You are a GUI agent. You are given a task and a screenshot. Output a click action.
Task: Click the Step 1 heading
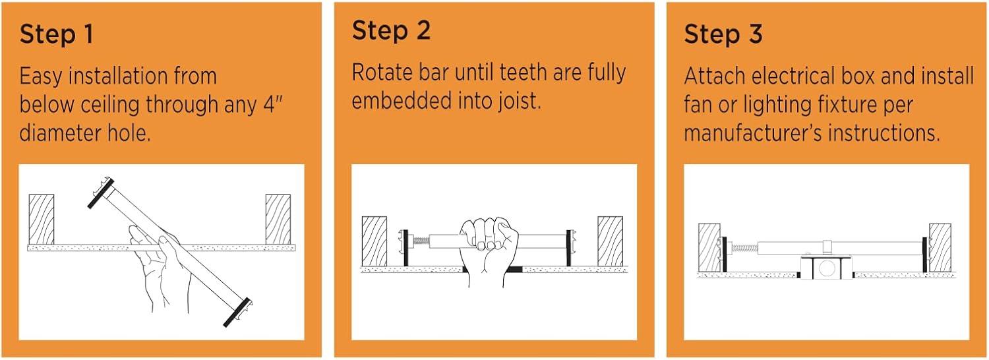pos(57,34)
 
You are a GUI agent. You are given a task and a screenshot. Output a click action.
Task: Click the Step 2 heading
pos(391,30)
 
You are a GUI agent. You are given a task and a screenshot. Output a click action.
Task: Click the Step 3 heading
pos(723,34)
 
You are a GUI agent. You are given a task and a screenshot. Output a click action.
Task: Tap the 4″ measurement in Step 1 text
pos(273,104)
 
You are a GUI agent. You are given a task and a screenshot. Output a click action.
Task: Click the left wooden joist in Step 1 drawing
pos(42,219)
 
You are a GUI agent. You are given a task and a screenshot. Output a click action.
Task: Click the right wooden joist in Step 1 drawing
pos(278,219)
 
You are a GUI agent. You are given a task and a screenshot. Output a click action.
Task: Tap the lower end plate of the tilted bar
pos(238,313)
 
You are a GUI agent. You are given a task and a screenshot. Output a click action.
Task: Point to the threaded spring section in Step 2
pos(421,241)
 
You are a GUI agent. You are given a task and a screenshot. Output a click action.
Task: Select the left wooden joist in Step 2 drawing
pos(375,241)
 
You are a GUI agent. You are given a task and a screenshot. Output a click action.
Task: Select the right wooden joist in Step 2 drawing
pos(610,241)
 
